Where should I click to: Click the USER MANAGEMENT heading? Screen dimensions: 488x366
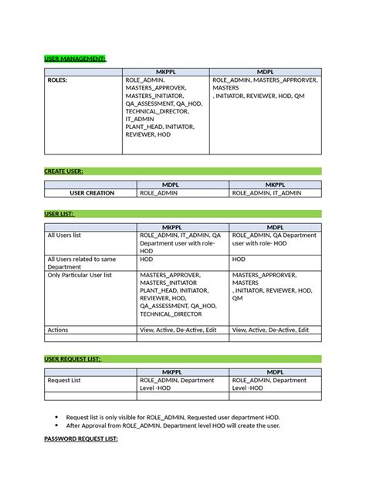[75, 59]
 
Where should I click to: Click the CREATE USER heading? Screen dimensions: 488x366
[64, 171]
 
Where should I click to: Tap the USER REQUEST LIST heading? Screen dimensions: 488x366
[73, 359]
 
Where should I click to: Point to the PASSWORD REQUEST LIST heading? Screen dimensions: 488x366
[80, 439]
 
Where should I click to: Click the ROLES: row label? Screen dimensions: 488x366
[58, 80]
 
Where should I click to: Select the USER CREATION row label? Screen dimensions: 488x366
[91, 193]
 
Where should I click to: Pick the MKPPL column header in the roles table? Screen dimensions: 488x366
[165, 70]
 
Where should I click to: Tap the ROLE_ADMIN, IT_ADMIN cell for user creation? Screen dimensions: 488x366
[266, 193]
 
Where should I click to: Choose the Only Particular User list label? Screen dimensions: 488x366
[80, 274]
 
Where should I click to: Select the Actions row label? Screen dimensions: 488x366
[59, 329]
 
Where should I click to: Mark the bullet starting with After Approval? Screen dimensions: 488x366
[173, 425]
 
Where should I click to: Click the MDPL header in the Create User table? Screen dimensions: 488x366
[182, 185]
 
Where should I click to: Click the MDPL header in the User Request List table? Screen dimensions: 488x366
[275, 372]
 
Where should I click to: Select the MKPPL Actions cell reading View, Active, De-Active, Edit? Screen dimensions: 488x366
[178, 329]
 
